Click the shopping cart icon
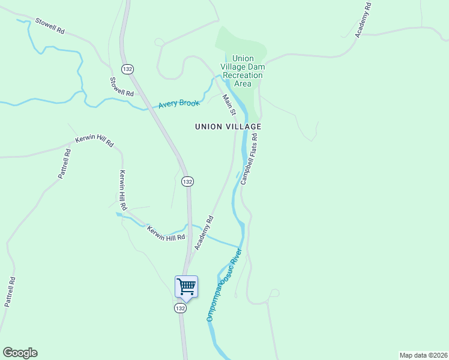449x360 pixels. (186, 286)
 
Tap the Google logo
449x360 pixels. (20, 353)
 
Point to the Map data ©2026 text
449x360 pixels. (424, 355)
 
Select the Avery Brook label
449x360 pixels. (178, 104)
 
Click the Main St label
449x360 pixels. (229, 105)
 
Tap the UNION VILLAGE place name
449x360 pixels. (228, 127)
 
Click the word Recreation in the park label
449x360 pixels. (243, 76)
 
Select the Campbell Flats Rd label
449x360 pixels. (249, 158)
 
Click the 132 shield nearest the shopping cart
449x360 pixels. (180, 308)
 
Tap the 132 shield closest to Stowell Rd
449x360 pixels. (127, 69)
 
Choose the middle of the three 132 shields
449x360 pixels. (187, 181)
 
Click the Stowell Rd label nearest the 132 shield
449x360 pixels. (121, 86)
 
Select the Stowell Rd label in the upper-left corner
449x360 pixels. (49, 26)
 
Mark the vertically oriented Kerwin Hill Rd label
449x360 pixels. (123, 190)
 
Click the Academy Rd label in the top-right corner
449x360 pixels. (364, 20)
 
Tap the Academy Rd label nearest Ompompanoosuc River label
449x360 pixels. (203, 233)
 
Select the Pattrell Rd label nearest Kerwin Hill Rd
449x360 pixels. (65, 164)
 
